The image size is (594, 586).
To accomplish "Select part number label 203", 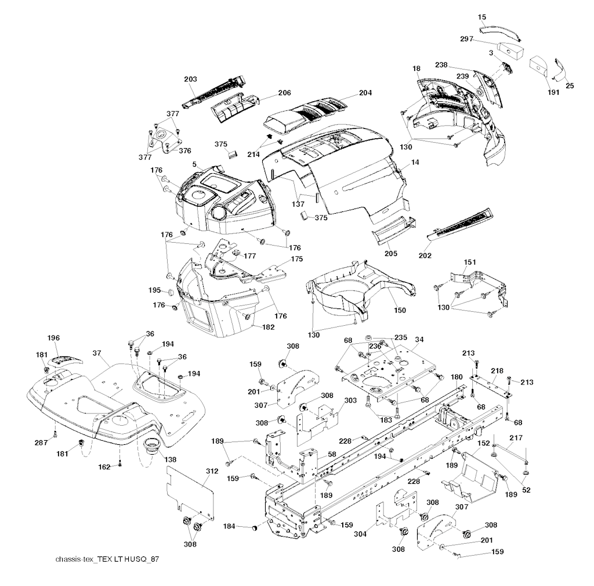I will pyautogui.click(x=190, y=79).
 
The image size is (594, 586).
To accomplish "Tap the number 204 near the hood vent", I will pyautogui.click(x=365, y=92).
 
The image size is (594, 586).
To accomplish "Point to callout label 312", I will pyautogui.click(x=212, y=471).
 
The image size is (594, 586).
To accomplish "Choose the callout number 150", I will pyautogui.click(x=400, y=310).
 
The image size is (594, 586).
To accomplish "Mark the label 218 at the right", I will pyautogui.click(x=497, y=370).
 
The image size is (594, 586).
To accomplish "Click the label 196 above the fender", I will pyautogui.click(x=53, y=338).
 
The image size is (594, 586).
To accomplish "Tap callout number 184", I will pyautogui.click(x=230, y=526).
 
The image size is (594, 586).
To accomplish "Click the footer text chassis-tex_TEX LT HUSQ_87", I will pyautogui.click(x=107, y=559).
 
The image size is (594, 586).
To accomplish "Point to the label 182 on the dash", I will pyautogui.click(x=268, y=328).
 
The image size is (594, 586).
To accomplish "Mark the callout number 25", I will pyautogui.click(x=570, y=85).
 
